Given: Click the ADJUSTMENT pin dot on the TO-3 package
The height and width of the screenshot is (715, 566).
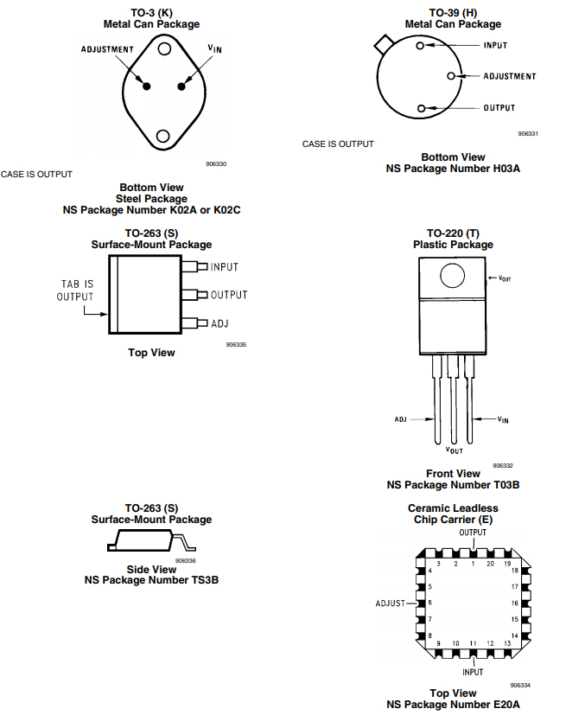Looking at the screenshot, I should (x=147, y=86).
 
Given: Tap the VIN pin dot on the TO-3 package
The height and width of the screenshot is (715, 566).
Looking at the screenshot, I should (x=182, y=85).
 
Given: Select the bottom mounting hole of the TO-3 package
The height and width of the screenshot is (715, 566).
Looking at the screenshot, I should (x=163, y=135).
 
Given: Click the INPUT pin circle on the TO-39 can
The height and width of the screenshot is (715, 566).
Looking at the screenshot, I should (x=420, y=46).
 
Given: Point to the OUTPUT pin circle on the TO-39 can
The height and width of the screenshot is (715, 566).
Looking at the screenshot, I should (x=421, y=108).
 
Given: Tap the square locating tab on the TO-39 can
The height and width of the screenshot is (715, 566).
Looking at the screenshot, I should (x=382, y=45).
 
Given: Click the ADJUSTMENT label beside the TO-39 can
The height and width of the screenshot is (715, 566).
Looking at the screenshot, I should (x=509, y=76).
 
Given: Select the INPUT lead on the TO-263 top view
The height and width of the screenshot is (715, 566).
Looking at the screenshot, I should (x=201, y=267).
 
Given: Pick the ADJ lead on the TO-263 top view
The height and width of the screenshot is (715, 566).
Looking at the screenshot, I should (x=201, y=323).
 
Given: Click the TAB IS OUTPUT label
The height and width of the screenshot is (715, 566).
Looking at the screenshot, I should (x=75, y=290).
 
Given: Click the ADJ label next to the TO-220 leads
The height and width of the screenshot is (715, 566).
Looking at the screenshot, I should (x=401, y=419).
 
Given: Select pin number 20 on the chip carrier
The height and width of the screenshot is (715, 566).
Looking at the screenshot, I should (x=490, y=564).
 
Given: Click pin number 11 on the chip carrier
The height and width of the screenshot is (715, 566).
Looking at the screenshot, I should (x=473, y=643).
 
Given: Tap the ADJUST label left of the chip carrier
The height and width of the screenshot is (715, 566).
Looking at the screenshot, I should (x=391, y=603).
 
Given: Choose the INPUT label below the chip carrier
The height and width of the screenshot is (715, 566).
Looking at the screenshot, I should (x=473, y=672).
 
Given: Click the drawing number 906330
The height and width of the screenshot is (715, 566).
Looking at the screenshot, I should (x=216, y=163).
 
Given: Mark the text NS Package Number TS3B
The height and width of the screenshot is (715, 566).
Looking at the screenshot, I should (x=151, y=580).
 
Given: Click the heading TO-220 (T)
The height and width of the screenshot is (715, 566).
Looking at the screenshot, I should (x=453, y=233).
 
